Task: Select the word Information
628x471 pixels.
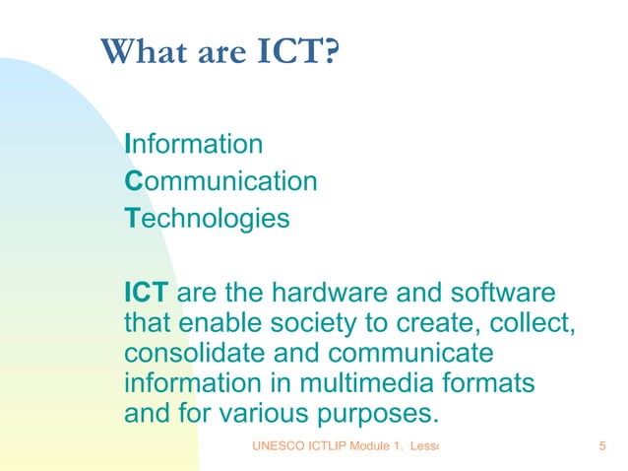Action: pyautogui.click(x=194, y=145)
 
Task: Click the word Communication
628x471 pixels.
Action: pyautogui.click(x=220, y=181)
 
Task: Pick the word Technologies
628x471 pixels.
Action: pyautogui.click(x=208, y=218)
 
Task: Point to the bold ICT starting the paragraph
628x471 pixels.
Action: pyautogui.click(x=147, y=293)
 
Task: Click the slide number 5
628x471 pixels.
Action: pyautogui.click(x=601, y=448)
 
